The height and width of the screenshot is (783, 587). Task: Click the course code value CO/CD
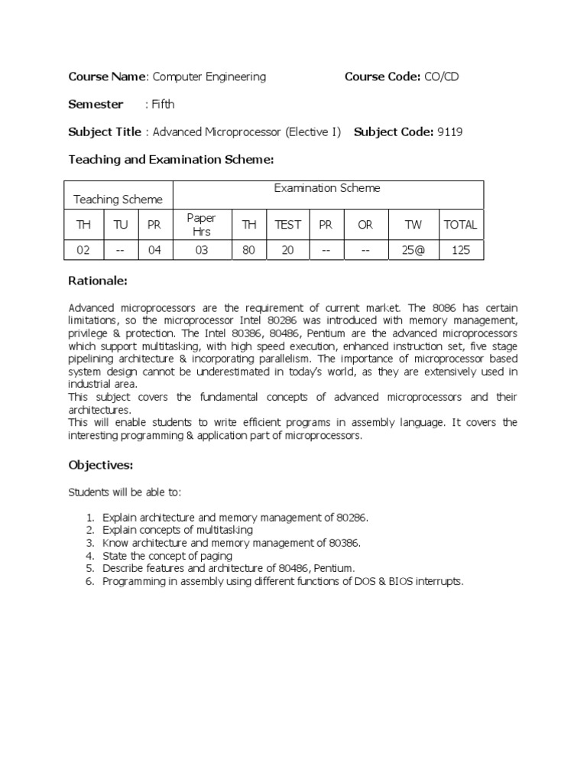442,76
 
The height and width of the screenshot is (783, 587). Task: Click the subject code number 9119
449,132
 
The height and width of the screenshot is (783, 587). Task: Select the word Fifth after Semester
163,104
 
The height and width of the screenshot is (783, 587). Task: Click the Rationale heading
98,281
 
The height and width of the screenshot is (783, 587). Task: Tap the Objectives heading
101,465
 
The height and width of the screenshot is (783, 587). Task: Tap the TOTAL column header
460,225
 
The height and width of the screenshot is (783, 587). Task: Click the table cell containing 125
460,250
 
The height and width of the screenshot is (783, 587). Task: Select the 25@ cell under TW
413,250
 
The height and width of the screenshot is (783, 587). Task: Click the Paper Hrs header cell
202,225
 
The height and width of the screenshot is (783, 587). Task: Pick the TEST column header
288,225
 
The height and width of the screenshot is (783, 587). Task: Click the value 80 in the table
248,250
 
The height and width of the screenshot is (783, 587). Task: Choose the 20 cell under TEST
288,250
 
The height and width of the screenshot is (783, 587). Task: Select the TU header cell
120,225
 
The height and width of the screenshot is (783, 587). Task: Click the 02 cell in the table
83,250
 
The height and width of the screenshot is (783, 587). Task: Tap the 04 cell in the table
155,250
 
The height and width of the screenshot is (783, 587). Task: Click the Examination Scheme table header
327,188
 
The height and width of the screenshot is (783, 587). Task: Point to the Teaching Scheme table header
118,200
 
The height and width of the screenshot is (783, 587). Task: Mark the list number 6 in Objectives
89,581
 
